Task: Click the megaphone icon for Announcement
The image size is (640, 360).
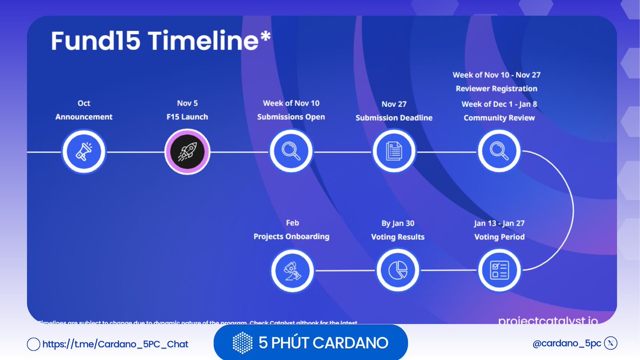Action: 84,152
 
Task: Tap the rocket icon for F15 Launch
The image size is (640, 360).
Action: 187,152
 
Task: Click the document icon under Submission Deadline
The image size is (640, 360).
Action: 394,152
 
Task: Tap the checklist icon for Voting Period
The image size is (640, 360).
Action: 499,270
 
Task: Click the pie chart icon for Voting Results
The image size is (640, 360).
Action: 398,270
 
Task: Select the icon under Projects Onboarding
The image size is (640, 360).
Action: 291,270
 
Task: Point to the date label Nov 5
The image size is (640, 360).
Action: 187,103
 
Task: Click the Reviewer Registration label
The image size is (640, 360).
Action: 497,89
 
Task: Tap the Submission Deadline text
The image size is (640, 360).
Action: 394,118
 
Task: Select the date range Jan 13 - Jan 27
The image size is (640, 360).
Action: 499,223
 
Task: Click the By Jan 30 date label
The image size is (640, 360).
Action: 398,223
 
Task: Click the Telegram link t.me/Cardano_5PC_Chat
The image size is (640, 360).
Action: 115,344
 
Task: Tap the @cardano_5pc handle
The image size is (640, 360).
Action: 566,343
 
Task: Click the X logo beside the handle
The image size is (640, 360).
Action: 611,343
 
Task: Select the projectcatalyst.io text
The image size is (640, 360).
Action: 548,321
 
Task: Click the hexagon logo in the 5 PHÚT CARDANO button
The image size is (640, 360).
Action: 243,342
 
